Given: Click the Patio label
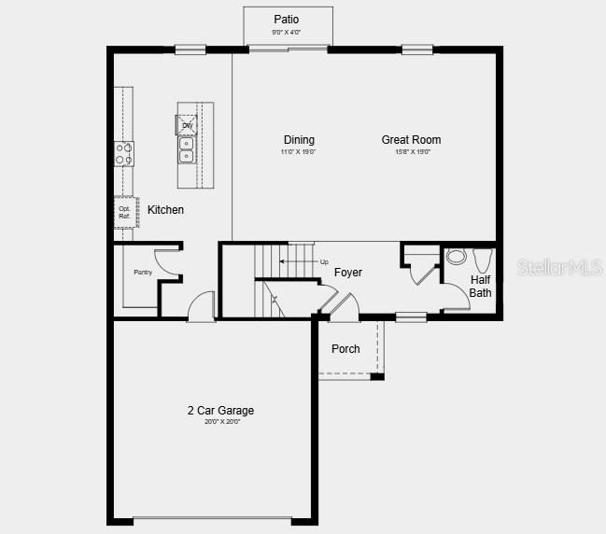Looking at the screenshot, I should [287, 20].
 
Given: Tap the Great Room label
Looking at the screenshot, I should [411, 140].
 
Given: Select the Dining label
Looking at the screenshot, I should [299, 140].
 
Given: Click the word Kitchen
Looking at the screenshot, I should [165, 210].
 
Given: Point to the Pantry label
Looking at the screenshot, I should [142, 272].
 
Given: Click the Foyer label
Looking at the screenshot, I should [348, 273].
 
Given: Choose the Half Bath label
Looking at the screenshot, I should [480, 287].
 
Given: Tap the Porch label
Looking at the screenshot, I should [345, 349].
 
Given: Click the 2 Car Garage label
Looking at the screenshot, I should [220, 411].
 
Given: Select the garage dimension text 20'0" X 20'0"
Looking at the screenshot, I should [222, 422].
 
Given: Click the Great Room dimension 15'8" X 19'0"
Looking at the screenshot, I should [412, 152].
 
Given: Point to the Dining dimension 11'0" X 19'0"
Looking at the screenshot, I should [299, 152].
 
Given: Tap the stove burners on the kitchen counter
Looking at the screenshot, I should [124, 153].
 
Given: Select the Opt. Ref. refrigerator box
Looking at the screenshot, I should [125, 212].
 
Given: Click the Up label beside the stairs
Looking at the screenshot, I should [324, 261].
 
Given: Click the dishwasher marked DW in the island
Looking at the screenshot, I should [187, 124].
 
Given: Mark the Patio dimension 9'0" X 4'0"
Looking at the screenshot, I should [287, 33].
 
